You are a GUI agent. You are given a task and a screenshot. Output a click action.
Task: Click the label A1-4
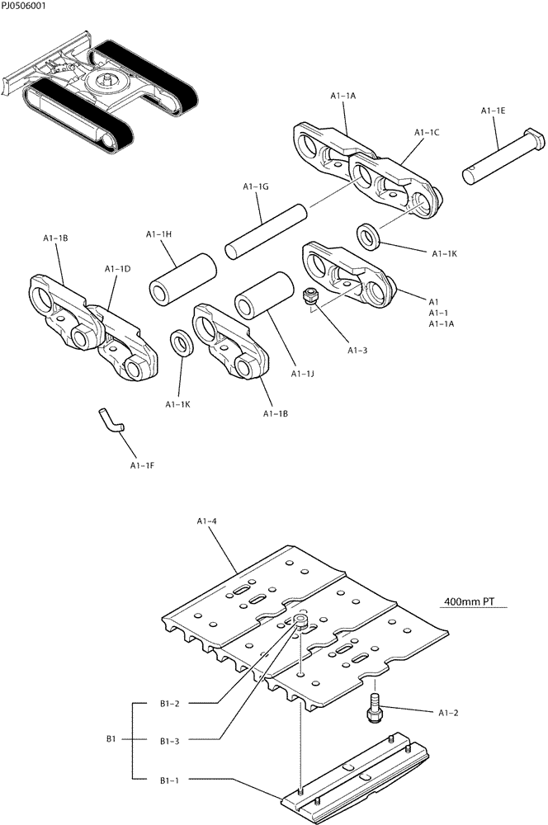pos(207,521)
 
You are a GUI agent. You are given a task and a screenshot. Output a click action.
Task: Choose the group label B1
pos(111,740)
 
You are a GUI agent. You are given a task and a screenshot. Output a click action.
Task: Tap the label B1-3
pos(170,741)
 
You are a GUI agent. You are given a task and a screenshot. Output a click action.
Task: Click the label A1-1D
pos(116,269)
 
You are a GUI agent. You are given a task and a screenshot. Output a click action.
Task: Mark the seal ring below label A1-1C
pos(369,234)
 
